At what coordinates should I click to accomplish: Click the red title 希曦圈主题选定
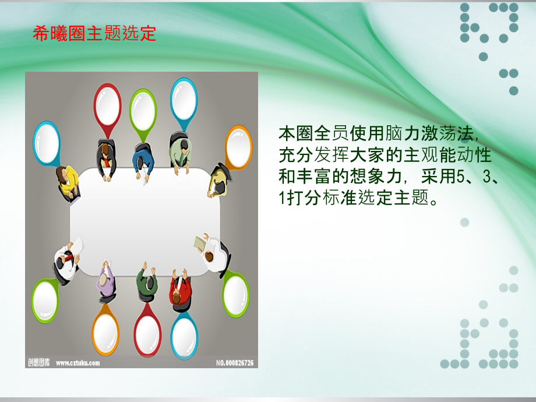coord(94,34)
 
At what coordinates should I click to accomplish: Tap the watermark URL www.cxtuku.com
coord(77,363)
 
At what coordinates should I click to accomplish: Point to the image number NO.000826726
coord(235,363)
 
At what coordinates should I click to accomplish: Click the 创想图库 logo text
coord(39,363)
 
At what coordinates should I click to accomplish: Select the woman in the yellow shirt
coord(68,183)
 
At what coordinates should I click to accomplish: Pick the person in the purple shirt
coord(106,281)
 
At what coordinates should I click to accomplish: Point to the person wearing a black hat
coord(220,179)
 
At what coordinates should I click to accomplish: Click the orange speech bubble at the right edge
coord(238,147)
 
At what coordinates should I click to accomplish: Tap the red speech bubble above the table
coord(107,109)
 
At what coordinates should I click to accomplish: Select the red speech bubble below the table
coord(147,330)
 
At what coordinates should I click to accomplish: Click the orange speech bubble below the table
coord(105,330)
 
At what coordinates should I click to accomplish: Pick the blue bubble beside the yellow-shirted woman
coord(47,143)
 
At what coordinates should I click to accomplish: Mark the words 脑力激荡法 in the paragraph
coord(429,133)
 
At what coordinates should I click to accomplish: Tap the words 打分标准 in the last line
coord(322,198)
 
